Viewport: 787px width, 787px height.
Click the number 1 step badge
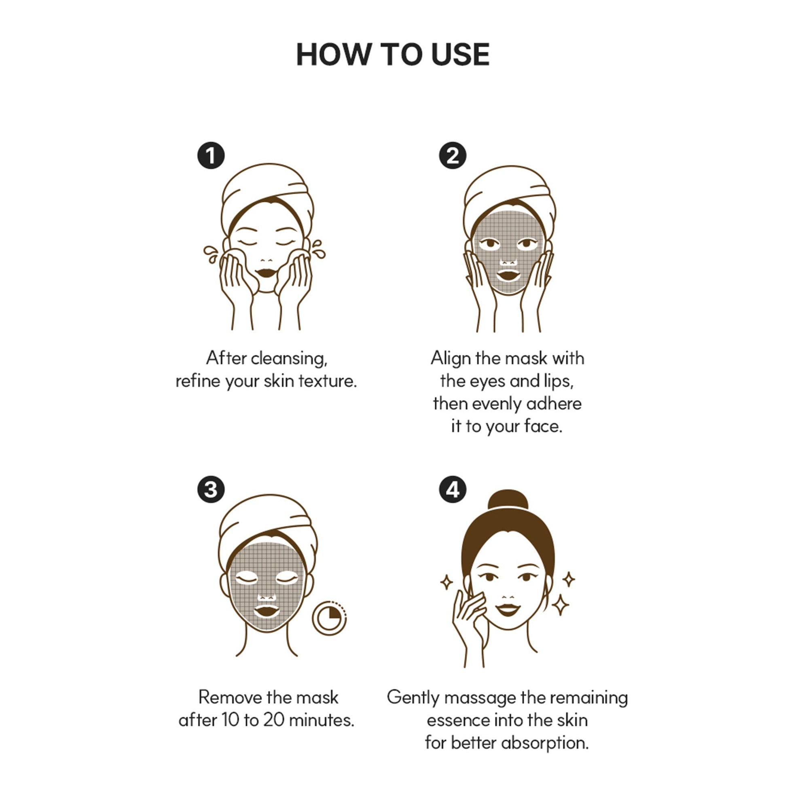pos(211,155)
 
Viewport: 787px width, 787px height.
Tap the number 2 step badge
pos(453,155)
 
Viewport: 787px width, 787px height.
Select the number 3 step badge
pos(211,489)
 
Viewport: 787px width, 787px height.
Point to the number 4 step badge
pos(453,489)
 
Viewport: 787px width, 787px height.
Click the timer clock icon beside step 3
pos(329,618)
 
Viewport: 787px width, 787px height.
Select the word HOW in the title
pos(334,54)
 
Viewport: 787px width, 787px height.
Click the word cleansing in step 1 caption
pos(289,359)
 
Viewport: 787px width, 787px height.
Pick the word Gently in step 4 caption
pos(413,698)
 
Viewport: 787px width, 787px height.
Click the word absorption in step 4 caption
pos(545,743)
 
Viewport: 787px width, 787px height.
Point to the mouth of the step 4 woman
pos(508,610)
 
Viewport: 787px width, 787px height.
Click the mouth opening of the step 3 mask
pos(267,611)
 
